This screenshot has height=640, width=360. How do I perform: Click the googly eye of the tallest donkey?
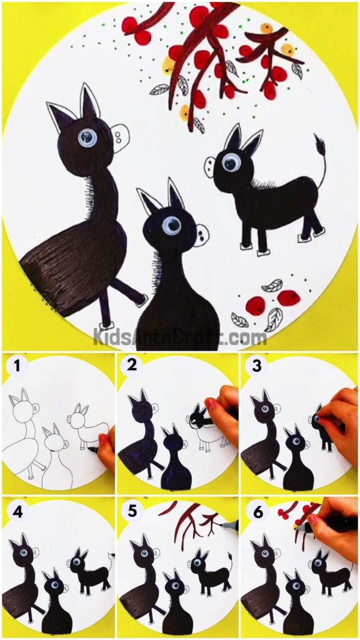click(86, 136)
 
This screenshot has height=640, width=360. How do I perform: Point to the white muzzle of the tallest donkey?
click(119, 134)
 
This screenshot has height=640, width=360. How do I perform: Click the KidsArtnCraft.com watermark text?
click(180, 337)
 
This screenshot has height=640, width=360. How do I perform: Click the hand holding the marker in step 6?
click(331, 531)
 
